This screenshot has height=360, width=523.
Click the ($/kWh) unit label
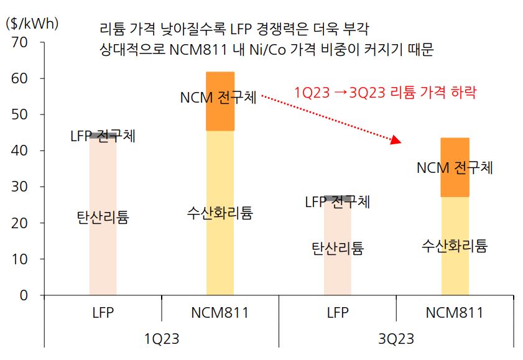pos(32,24)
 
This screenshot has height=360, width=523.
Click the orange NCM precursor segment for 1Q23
pos(220,118)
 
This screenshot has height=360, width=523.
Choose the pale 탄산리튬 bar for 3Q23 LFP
pos(338,274)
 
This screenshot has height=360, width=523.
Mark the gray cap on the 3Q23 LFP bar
pos(338,197)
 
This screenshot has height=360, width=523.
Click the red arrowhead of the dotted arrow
pos(395,141)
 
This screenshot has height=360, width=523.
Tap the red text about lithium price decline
pos(385,93)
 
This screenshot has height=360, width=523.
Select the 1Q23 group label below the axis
pos(161,340)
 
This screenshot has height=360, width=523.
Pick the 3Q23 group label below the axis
pos(396,340)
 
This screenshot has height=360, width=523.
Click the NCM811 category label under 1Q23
pos(220,313)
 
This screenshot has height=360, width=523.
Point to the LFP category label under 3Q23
pos(338,313)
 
